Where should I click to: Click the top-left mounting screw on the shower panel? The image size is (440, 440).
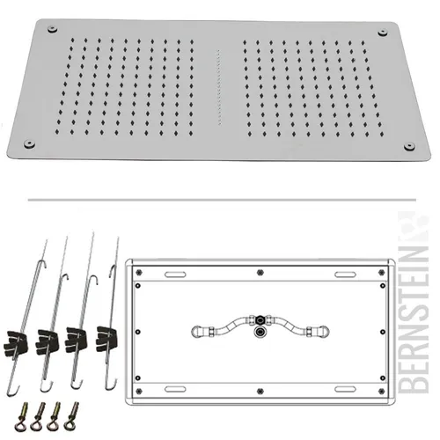(x=52, y=29)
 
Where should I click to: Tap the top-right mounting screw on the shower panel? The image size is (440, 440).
(x=383, y=33)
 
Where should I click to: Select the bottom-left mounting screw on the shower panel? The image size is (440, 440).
(x=29, y=143)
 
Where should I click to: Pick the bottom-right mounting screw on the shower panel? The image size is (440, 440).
(x=409, y=146)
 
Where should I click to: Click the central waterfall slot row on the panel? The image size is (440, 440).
(x=218, y=87)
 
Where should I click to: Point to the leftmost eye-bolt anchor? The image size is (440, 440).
(x=22, y=416)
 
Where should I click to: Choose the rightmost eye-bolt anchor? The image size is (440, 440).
(x=72, y=416)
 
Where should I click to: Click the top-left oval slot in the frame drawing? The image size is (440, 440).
(x=175, y=275)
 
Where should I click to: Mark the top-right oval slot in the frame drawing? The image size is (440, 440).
(x=345, y=275)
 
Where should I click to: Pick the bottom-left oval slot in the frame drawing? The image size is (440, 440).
(x=175, y=389)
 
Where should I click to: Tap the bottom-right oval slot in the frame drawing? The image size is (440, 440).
(x=345, y=389)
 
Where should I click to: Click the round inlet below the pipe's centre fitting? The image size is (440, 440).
(x=260, y=332)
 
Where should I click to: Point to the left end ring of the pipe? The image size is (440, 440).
(x=196, y=332)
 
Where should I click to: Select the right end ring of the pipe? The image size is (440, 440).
(x=324, y=332)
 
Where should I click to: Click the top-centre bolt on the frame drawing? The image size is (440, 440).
(x=260, y=273)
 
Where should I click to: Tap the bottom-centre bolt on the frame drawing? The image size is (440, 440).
(x=260, y=391)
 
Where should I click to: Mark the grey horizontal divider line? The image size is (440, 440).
(x=222, y=200)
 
